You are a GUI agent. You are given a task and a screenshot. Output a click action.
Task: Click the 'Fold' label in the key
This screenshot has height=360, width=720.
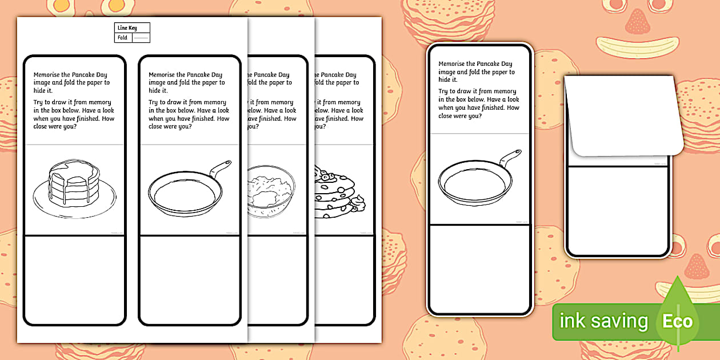(x=123, y=38)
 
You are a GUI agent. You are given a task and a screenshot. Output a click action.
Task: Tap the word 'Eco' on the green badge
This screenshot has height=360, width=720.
(x=677, y=321)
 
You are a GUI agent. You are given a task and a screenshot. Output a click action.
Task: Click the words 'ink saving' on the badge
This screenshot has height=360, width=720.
(x=603, y=321)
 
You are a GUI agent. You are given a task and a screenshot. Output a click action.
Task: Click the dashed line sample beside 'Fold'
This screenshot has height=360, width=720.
(x=141, y=38)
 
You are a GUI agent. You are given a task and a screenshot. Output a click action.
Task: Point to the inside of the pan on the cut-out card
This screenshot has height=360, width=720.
(x=474, y=182)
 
